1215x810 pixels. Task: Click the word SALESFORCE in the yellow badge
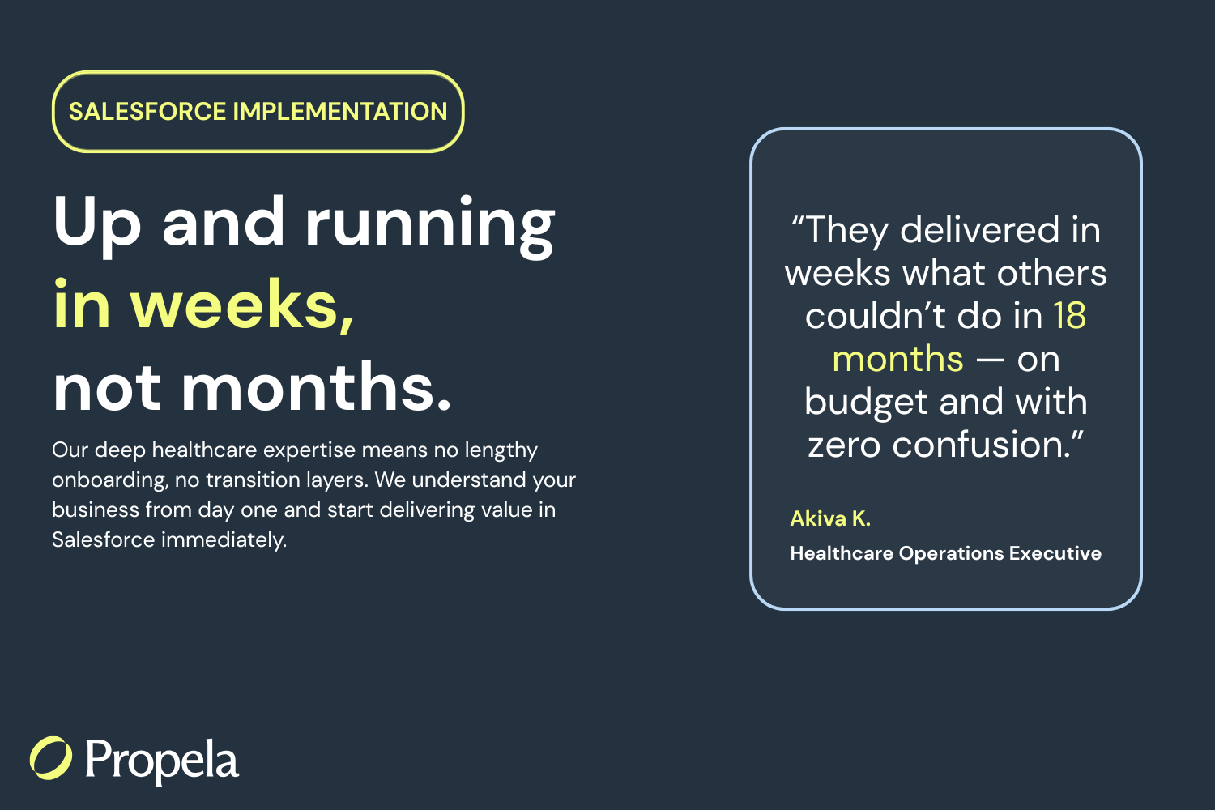(147, 112)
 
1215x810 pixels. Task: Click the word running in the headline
(430, 226)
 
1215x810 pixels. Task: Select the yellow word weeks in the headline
(242, 305)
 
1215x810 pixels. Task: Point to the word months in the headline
(316, 387)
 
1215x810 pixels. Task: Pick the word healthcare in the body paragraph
(204, 450)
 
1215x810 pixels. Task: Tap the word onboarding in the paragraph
(110, 480)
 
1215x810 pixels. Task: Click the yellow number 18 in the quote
(1070, 314)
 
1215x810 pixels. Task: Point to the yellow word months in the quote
(898, 359)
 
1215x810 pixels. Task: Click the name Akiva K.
(830, 518)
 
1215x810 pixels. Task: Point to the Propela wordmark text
(162, 761)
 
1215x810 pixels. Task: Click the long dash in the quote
(990, 360)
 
